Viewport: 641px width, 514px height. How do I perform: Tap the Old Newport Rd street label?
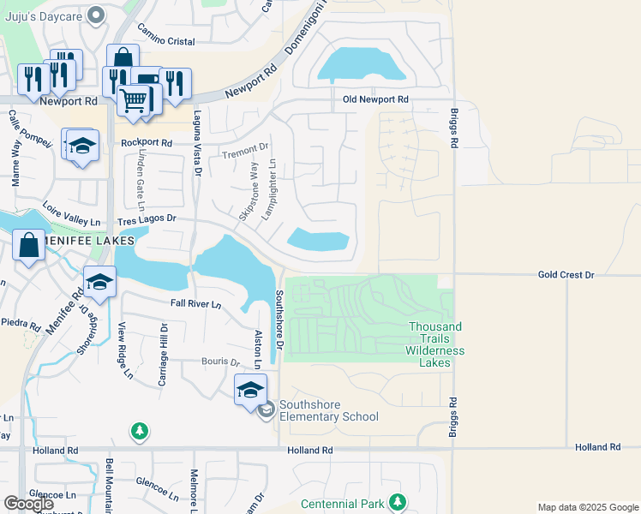click(375, 100)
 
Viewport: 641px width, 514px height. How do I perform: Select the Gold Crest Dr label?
click(566, 275)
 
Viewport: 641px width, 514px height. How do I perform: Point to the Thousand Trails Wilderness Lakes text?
click(436, 344)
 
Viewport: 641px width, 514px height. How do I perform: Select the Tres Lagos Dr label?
click(147, 218)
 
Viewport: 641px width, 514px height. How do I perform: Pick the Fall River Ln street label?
click(195, 304)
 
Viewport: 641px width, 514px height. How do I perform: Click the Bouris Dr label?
click(221, 362)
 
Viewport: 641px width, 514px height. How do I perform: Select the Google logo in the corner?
click(29, 504)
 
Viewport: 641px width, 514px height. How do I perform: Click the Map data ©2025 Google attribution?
click(587, 507)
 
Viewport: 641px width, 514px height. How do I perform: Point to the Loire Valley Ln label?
click(72, 215)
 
